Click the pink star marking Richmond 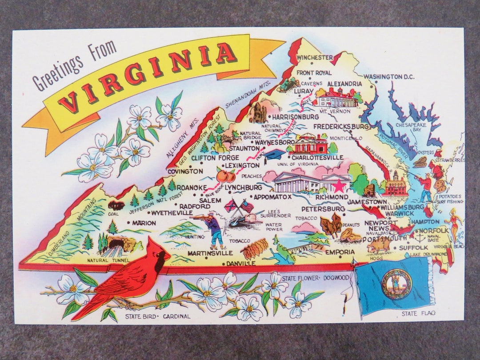[339, 185]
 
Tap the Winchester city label [315, 57]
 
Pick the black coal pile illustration [116, 205]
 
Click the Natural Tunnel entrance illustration [116, 244]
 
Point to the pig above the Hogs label [379, 245]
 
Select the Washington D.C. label [389, 77]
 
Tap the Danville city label [240, 263]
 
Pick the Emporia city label [340, 252]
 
